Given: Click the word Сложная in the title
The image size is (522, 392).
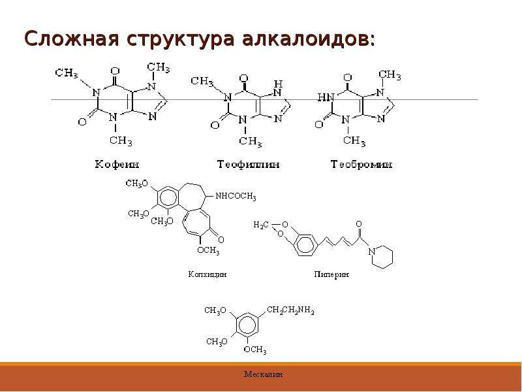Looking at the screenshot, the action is pos(72,39).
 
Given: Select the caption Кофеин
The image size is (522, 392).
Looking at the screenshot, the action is pos(117,165).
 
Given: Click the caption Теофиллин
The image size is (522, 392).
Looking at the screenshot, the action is pos(249,165).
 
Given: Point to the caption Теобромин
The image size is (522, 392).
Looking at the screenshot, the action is pos(361,165).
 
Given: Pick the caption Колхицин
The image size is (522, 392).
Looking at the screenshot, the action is pos(207,274).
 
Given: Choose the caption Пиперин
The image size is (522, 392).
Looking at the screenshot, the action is pos(331,274).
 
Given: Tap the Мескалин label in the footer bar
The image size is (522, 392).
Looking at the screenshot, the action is pos(264,374).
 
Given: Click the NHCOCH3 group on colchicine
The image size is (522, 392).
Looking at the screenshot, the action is pos(236,197).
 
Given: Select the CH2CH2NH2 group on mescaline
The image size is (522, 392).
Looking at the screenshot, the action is pos(290,311).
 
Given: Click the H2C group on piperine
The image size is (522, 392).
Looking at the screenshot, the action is pos(261,225).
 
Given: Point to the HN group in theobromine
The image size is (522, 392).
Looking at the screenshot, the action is pos(325,97).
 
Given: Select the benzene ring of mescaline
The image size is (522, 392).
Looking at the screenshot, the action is pos(247,323).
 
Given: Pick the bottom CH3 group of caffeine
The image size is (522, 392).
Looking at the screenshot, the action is pos(121,140).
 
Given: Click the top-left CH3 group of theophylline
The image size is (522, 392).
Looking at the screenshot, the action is pos(202,81).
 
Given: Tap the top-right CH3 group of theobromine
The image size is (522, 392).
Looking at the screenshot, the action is pos(390,75).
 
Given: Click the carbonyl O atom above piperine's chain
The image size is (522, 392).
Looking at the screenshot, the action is pos(358,223).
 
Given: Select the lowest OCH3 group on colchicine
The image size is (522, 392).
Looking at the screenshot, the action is pos(208,250).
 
